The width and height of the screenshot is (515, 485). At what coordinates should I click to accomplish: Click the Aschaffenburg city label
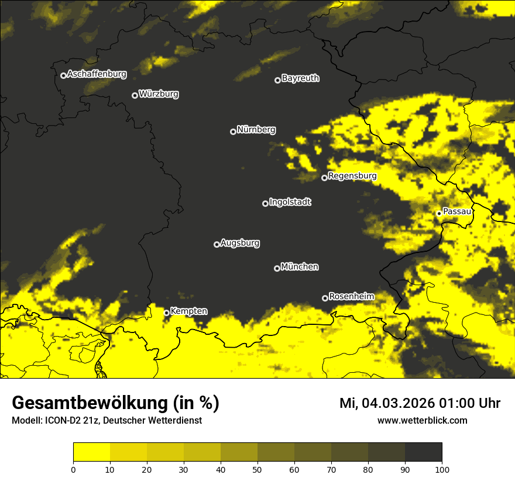click(97, 74)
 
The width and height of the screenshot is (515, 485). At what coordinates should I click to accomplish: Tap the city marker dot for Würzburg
click(135, 95)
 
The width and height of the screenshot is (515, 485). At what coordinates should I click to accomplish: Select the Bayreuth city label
click(300, 78)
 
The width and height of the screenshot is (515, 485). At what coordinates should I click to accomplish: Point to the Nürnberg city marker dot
click(233, 131)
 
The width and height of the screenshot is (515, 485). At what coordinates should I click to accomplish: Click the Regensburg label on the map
click(352, 176)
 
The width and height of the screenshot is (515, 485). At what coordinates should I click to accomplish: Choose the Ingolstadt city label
click(290, 202)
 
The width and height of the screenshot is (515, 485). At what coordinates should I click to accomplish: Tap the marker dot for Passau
click(439, 213)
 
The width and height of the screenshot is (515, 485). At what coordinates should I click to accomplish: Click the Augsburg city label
click(240, 243)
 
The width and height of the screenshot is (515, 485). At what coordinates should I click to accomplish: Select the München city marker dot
click(277, 268)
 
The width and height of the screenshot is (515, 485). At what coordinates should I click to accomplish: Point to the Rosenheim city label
click(351, 297)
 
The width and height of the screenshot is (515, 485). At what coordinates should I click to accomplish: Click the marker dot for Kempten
click(166, 313)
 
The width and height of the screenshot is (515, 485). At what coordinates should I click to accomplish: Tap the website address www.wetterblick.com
click(422, 421)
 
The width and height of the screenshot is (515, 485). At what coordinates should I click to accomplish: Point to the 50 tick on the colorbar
click(257, 469)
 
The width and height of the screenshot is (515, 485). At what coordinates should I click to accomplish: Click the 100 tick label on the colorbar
click(442, 469)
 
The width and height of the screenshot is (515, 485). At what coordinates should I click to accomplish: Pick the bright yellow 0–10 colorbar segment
click(92, 452)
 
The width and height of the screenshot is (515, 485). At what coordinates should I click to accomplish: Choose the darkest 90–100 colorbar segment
click(423, 452)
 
